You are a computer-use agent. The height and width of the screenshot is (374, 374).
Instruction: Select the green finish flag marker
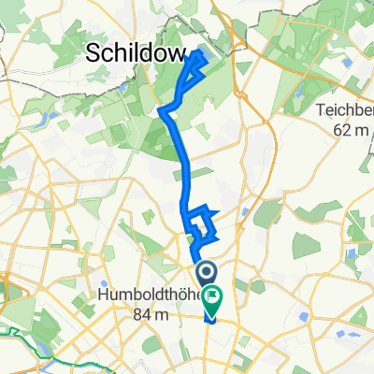click(215, 300)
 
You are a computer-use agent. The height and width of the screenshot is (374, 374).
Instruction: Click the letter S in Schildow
click(94, 54)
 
